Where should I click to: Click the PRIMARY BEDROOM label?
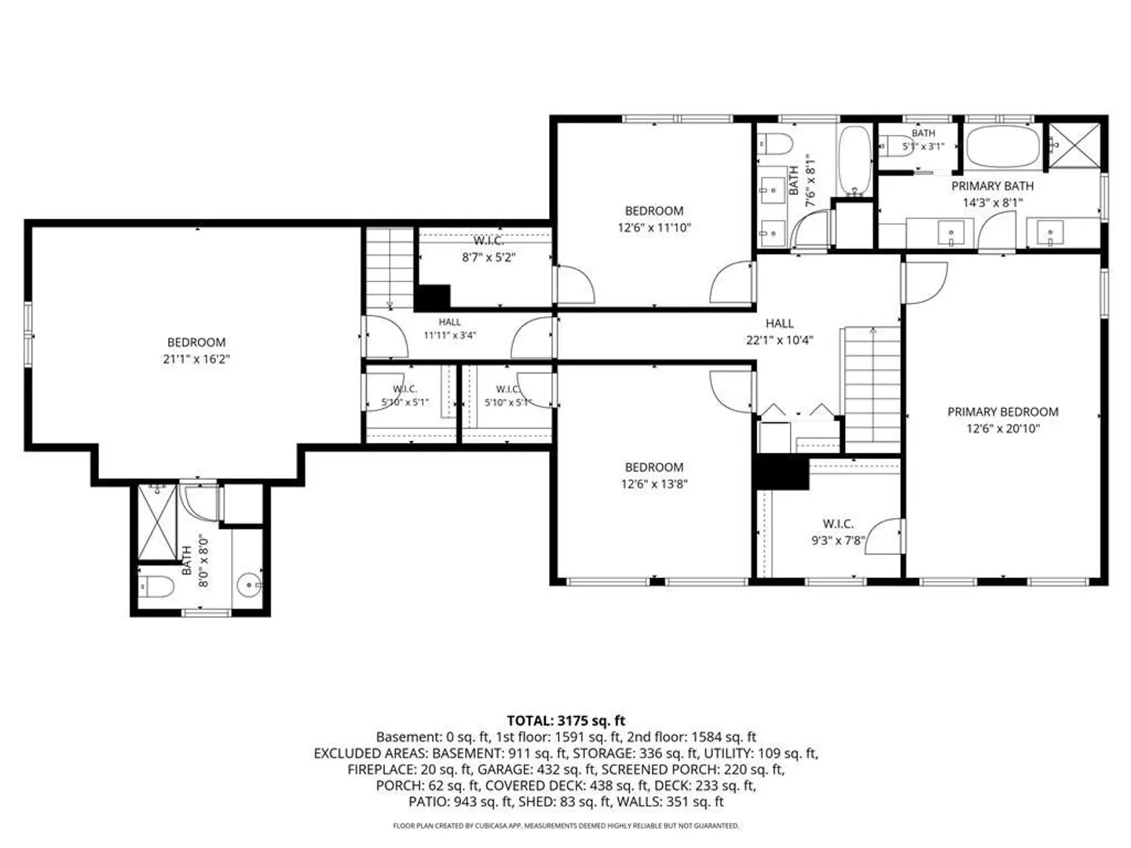(1002, 412)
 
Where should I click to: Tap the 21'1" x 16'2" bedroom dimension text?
(196, 359)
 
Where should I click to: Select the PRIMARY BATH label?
(992, 186)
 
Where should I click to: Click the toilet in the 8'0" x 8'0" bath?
(156, 587)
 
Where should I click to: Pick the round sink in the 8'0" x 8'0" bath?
(250, 586)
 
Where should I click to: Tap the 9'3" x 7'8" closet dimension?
(838, 541)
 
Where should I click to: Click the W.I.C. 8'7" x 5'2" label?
(489, 249)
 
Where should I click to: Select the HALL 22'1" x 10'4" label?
(779, 331)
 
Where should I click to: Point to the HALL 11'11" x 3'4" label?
(449, 328)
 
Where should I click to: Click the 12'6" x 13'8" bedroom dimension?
(654, 484)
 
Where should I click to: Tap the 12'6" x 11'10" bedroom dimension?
(654, 228)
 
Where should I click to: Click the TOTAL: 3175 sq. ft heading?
(565, 720)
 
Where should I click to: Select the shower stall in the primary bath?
(1074, 145)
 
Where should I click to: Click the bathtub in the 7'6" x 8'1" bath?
(855, 161)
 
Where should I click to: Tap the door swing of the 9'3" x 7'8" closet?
(884, 536)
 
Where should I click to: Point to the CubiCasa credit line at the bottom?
(565, 825)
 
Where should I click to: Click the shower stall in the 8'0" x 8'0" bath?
(157, 522)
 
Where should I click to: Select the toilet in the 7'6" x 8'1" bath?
(775, 144)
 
